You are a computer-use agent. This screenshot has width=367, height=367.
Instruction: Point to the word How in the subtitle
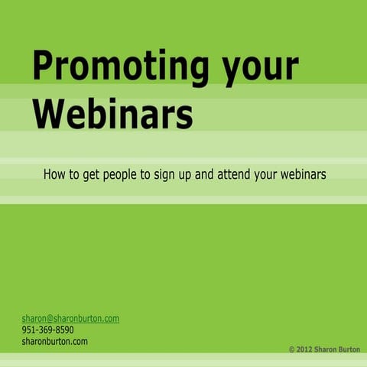54,174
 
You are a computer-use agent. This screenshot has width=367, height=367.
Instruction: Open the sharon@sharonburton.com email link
70,318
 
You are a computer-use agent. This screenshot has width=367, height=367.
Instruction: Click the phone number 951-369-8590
47,330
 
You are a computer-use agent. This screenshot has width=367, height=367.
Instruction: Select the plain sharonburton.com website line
54,341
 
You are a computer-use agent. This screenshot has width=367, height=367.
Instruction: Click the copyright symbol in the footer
292,349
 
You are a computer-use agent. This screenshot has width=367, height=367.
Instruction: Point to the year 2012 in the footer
305,349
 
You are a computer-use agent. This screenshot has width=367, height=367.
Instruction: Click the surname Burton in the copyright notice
350,349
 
